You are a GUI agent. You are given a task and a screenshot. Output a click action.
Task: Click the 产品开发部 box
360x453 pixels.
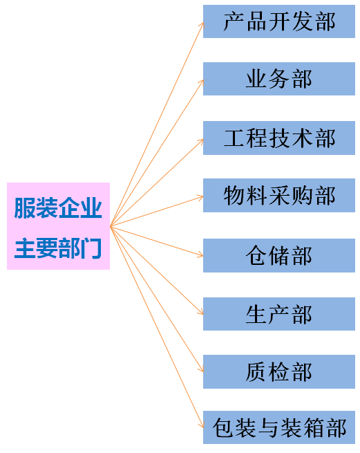pyautogui.click(x=279, y=21)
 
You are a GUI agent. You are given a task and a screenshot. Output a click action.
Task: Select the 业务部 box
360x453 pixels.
pyautogui.click(x=279, y=79)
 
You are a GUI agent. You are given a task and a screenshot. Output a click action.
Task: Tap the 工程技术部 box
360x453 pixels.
pyautogui.click(x=279, y=138)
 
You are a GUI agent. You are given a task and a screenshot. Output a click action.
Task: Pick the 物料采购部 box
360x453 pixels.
pyautogui.click(x=279, y=195)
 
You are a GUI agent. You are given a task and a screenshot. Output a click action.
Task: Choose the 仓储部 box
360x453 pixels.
pyautogui.click(x=279, y=255)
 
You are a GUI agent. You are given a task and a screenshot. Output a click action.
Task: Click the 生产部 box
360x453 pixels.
pyautogui.click(x=279, y=314)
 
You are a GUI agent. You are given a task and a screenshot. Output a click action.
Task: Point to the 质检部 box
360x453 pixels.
pyautogui.click(x=279, y=372)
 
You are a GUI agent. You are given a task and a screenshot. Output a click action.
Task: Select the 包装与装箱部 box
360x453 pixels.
pyautogui.click(x=279, y=427)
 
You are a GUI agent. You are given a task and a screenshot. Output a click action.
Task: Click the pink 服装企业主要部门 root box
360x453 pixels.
pyautogui.click(x=58, y=226)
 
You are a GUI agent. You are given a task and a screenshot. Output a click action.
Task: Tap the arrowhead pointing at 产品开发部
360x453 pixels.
pyautogui.click(x=202, y=25)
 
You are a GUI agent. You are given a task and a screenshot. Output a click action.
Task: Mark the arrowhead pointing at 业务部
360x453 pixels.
pyautogui.click(x=202, y=82)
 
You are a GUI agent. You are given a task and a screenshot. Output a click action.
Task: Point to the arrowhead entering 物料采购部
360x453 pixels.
pyautogui.click(x=200, y=197)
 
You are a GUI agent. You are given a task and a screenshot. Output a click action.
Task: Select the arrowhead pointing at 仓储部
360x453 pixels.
pyautogui.click(x=200, y=255)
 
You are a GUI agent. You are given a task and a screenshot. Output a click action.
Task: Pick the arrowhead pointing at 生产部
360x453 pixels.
pyautogui.click(x=201, y=312)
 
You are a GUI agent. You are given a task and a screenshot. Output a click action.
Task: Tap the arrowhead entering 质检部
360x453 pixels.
pyautogui.click(x=202, y=369)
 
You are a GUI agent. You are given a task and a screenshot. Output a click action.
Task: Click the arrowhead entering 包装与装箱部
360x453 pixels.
pyautogui.click(x=202, y=425)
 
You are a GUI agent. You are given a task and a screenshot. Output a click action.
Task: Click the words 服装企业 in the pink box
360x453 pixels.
pyautogui.click(x=58, y=207)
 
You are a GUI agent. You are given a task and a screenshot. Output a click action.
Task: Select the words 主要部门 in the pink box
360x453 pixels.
pyautogui.click(x=58, y=248)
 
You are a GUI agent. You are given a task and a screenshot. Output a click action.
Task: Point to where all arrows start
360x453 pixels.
pyautogui.click(x=111, y=226)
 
